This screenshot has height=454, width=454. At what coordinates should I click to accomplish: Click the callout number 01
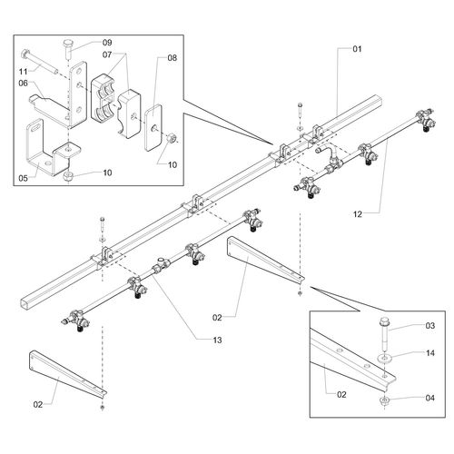tap(357, 49)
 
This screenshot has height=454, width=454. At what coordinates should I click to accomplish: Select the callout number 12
tap(358, 214)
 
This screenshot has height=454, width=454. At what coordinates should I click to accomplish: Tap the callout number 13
tap(217, 340)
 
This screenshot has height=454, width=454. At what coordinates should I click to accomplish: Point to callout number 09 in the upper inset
tap(107, 43)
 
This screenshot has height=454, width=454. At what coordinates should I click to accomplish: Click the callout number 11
tap(24, 72)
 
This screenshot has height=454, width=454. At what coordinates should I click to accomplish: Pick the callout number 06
tap(24, 84)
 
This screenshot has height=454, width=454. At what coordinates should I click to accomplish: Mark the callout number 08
tap(172, 58)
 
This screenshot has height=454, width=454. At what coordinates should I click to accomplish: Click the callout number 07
tap(107, 54)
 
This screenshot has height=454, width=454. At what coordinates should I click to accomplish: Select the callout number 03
tap(430, 326)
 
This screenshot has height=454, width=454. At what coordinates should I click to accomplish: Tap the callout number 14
tap(430, 353)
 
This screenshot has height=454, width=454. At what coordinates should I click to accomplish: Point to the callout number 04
tap(430, 398)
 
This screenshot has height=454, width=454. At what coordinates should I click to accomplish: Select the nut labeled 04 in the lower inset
tap(384, 401)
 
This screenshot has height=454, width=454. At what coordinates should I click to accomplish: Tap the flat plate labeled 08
tap(153, 127)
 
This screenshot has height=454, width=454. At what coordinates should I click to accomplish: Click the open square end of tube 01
tap(26, 303)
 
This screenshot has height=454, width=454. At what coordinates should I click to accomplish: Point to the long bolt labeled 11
tap(39, 63)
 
